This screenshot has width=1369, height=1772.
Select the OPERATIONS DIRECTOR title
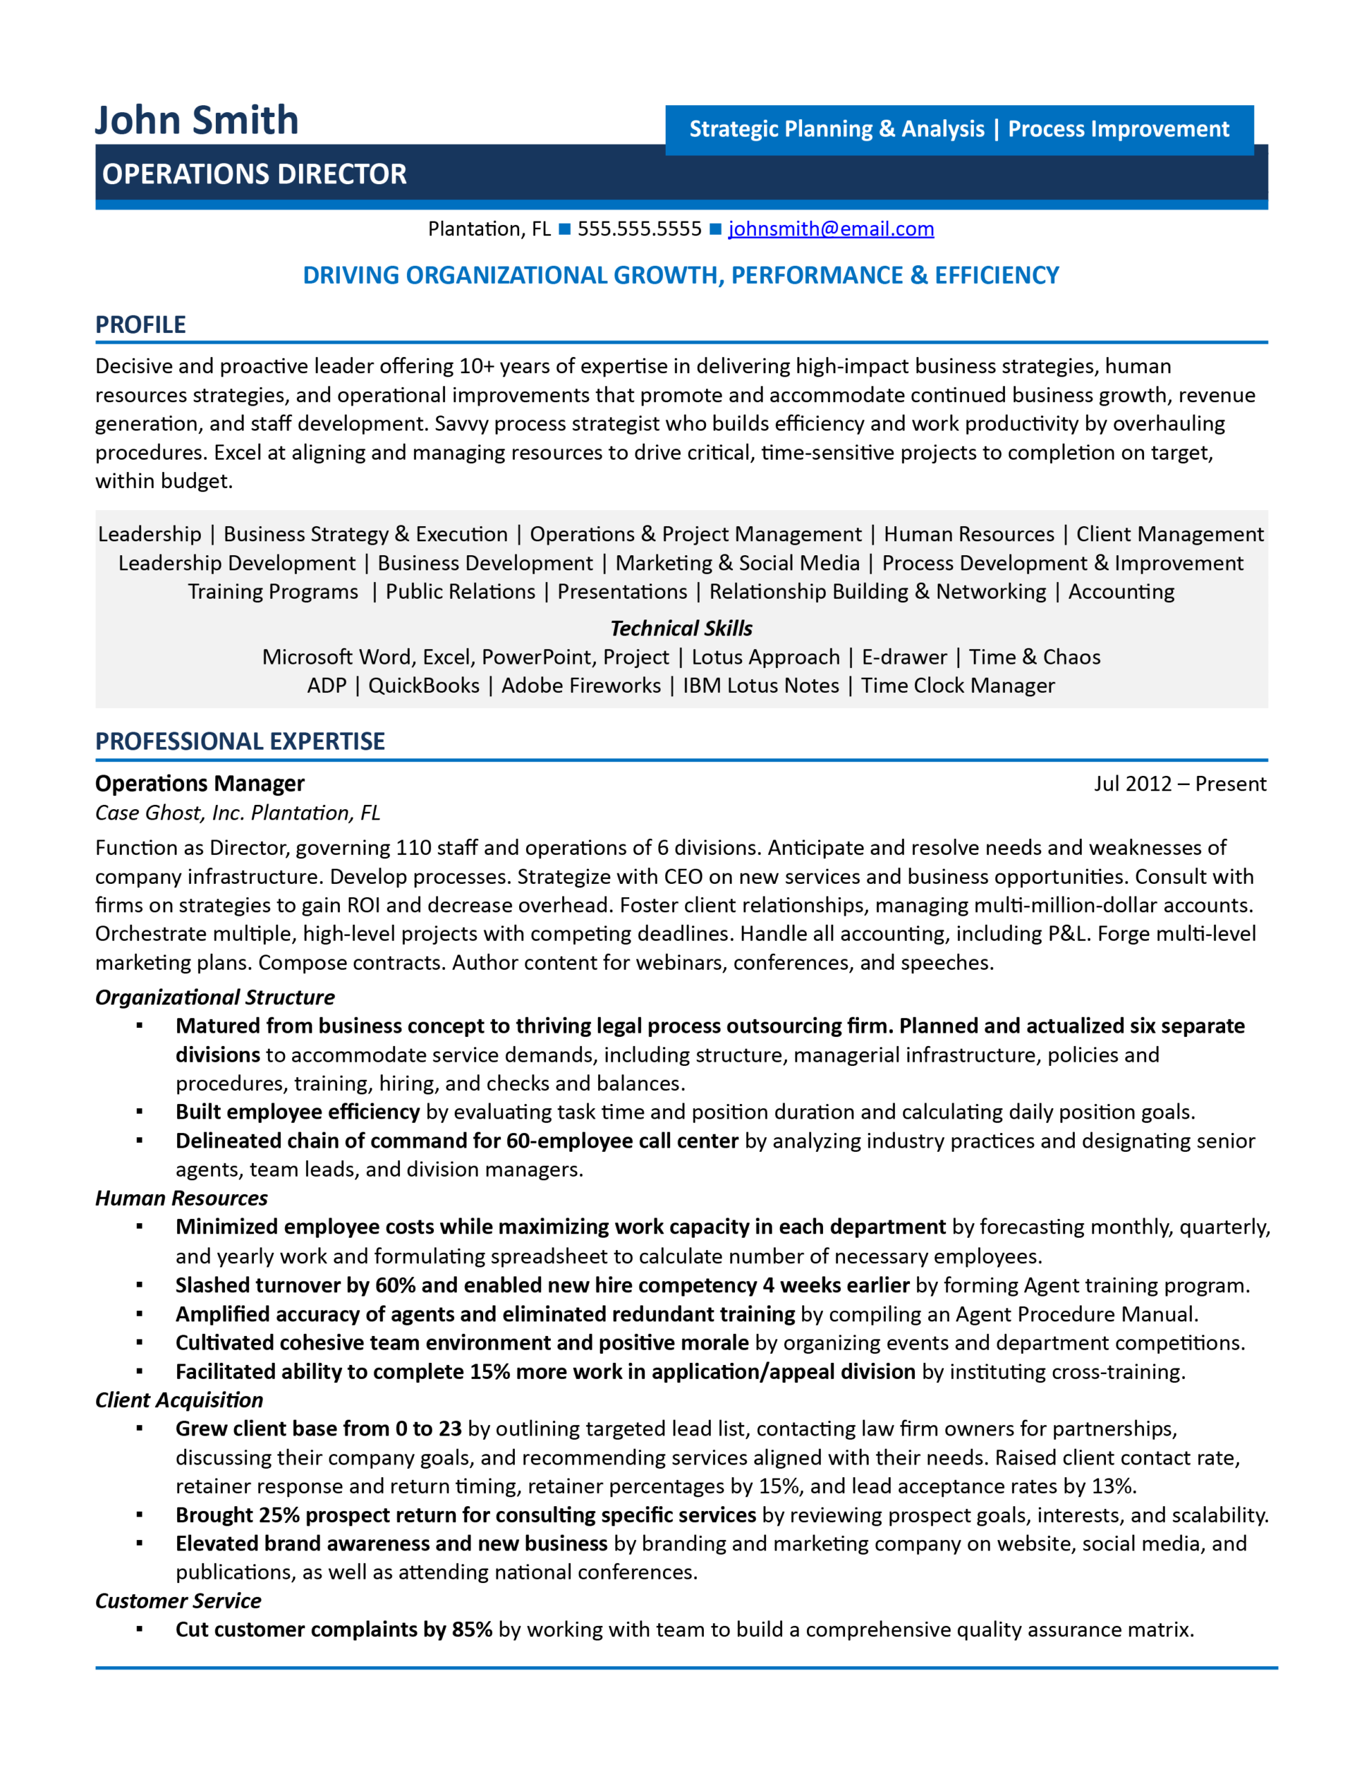pyautogui.click(x=254, y=174)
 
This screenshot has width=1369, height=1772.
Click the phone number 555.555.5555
pyautogui.click(x=639, y=229)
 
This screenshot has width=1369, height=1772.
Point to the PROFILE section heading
pyautogui.click(x=140, y=325)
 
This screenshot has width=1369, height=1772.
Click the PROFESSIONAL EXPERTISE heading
pyautogui.click(x=239, y=741)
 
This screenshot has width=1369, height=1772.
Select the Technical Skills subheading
pyautogui.click(x=681, y=628)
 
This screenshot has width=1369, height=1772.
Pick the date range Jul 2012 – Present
pyautogui.click(x=1179, y=783)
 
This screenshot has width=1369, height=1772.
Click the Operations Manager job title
pyautogui.click(x=199, y=783)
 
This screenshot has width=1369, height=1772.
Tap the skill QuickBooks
pyautogui.click(x=424, y=685)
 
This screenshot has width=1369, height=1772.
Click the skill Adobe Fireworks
pyautogui.click(x=581, y=685)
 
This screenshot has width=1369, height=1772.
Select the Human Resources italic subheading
pyautogui.click(x=181, y=1197)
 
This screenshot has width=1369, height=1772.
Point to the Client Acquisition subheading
pyautogui.click(x=179, y=1400)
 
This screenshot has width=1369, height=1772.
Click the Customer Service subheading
pyautogui.click(x=178, y=1601)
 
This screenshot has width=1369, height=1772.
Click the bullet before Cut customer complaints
pyautogui.click(x=140, y=1629)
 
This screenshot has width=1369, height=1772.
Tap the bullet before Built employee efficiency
pyautogui.click(x=140, y=1112)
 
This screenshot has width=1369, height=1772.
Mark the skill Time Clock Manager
pyautogui.click(x=958, y=685)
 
